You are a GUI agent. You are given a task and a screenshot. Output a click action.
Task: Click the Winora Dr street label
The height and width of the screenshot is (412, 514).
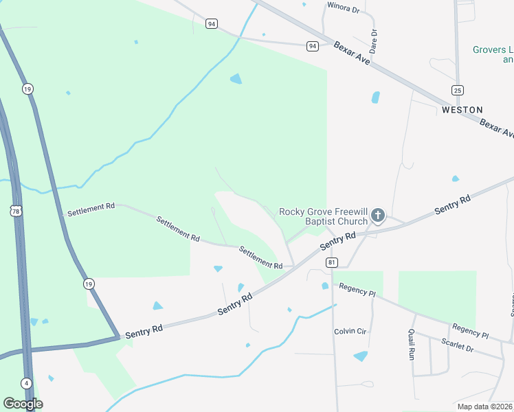[x=344, y=8]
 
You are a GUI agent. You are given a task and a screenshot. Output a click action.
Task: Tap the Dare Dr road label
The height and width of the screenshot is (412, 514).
[x=374, y=41]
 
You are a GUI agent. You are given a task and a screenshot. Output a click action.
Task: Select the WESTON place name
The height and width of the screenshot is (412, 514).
[x=462, y=110]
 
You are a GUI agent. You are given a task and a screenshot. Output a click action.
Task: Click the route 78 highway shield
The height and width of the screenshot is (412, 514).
[x=16, y=211]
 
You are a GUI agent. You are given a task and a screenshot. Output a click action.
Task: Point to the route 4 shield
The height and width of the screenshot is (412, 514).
[x=25, y=383]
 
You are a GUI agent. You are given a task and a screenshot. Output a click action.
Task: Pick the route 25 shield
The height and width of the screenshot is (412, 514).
[x=458, y=90]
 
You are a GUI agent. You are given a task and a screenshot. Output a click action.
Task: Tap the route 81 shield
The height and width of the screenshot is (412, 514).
[x=333, y=262]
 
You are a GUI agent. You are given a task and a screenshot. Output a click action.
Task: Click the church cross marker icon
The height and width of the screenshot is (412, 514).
[x=377, y=216]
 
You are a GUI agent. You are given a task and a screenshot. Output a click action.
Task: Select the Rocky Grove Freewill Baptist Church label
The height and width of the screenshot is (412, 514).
[x=323, y=216]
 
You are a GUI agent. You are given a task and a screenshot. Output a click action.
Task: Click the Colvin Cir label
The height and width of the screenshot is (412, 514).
[x=350, y=332]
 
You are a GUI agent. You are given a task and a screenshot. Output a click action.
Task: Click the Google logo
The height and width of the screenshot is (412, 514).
[x=23, y=404]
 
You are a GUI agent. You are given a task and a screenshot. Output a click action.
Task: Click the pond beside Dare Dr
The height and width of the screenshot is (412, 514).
[x=376, y=98]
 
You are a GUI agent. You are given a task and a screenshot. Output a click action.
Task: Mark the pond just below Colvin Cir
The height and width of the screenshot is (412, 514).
[x=360, y=356]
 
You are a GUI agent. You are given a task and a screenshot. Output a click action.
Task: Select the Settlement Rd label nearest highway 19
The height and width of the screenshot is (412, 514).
[x=90, y=209]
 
